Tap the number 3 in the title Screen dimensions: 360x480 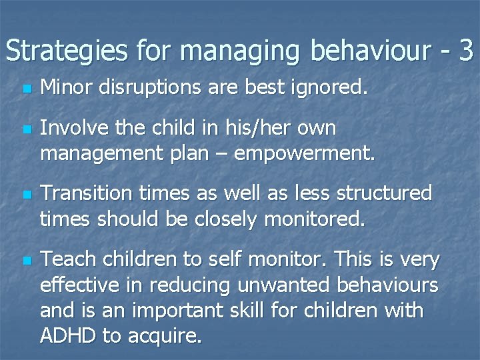pos(465,51)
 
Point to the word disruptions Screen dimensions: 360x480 pos(162,87)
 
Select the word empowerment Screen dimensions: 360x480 pos(304,154)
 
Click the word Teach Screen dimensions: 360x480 pos(63,259)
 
